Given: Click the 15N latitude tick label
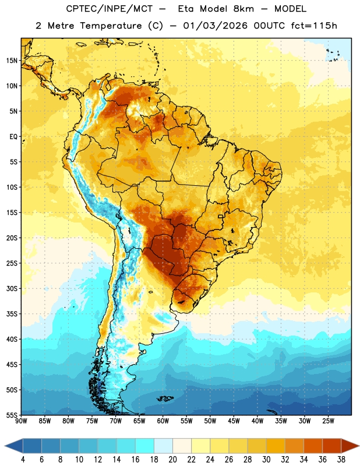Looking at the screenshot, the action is coord(12,61).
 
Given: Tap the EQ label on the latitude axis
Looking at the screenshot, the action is coord(13,137).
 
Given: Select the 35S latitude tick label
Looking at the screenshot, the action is coord(12,314).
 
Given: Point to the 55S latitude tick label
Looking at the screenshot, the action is coord(12,415).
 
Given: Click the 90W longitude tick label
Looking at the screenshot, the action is coord(21,421).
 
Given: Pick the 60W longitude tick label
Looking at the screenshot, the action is coord(163,421).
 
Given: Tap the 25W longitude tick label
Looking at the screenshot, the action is coord(328,421).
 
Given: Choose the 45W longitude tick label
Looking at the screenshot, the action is coord(234,421).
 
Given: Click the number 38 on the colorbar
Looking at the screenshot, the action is coord(341,460).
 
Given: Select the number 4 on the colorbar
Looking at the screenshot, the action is coord(23,460).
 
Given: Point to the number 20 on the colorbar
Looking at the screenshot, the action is coord(172,460).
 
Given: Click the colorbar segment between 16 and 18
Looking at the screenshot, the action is coord(144,446).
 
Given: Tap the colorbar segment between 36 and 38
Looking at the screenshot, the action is coord(332,446).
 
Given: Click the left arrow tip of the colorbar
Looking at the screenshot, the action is coord(5,446).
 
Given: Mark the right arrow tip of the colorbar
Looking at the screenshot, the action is coord(359,446).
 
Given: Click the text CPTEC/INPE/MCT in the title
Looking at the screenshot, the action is coord(110,9).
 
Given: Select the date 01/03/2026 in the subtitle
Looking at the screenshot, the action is coord(215,26).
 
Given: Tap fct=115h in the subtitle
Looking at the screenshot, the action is coord(314,26).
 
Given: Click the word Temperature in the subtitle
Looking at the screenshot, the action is coord(111,26).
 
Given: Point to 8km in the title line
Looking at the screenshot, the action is coord(243,9).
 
